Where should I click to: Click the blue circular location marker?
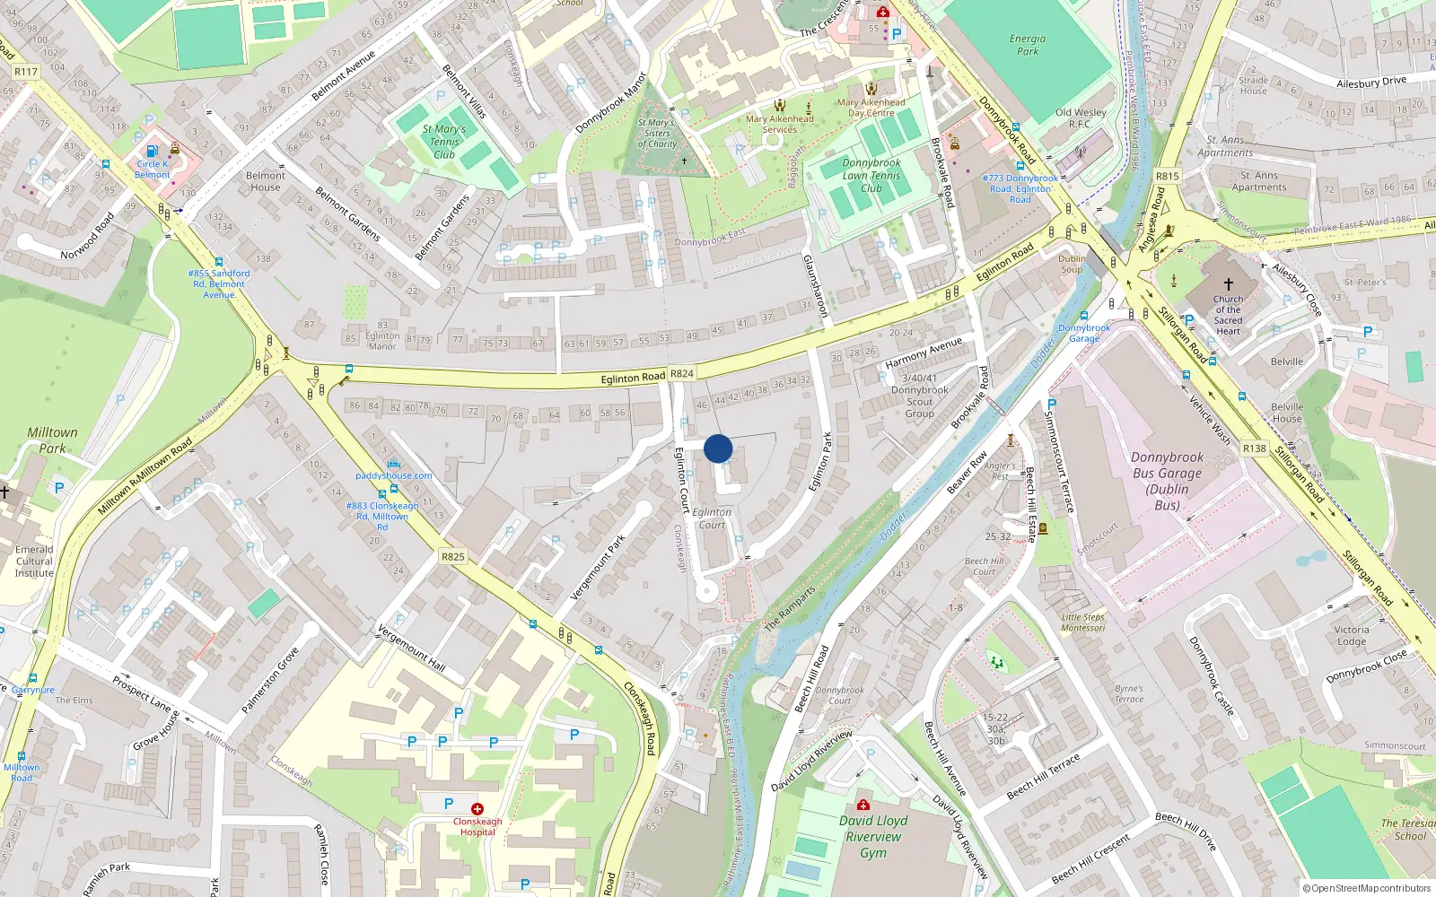(x=718, y=448)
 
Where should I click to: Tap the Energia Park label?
(x=1028, y=45)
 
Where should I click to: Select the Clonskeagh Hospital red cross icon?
(x=477, y=809)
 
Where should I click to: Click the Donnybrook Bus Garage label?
(x=1167, y=481)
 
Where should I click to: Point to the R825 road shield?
(x=453, y=557)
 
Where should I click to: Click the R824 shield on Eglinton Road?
(x=682, y=373)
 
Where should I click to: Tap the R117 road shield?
(x=26, y=72)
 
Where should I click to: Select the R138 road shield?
(x=1255, y=448)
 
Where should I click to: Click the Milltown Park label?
(x=52, y=440)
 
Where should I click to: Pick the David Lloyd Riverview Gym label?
(x=873, y=836)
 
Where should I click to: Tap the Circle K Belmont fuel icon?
(x=152, y=152)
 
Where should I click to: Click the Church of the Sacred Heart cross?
(x=1229, y=283)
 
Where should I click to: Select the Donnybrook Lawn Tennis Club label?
(x=871, y=176)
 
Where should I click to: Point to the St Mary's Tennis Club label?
(x=444, y=142)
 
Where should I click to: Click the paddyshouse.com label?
(x=394, y=475)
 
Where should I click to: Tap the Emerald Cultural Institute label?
(x=34, y=561)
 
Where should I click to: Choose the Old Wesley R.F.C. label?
(x=1081, y=118)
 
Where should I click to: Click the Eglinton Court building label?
(x=712, y=518)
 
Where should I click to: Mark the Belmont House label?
(x=266, y=181)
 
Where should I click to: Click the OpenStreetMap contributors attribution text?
(x=1367, y=888)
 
